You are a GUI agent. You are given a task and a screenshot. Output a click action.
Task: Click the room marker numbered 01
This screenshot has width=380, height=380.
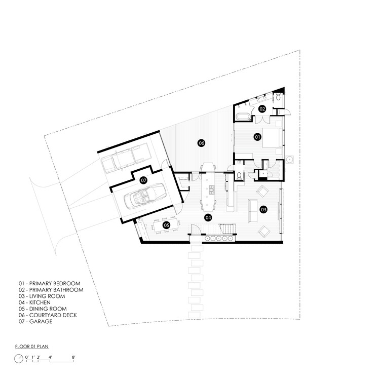point(257,137)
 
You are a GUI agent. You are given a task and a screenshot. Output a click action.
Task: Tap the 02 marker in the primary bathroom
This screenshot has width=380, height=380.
point(262,109)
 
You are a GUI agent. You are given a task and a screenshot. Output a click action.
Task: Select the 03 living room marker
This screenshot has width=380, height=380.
point(263,209)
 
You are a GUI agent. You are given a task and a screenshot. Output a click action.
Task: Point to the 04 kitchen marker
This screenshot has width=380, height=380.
point(208,217)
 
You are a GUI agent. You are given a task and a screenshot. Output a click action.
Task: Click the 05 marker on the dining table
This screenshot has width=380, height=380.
point(167,225)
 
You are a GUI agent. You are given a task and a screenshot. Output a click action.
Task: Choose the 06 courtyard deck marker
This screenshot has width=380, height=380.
point(201,143)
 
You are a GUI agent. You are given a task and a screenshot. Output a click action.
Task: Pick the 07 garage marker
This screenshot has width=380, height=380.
point(144,180)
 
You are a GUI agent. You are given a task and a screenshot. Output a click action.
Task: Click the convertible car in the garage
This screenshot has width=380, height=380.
point(144,196)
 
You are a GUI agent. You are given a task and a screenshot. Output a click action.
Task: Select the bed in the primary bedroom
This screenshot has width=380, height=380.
point(272,138)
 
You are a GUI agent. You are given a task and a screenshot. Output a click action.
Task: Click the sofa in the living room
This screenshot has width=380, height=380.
point(253,211)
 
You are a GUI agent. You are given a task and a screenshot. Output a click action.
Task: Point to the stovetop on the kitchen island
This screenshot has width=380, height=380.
point(212,190)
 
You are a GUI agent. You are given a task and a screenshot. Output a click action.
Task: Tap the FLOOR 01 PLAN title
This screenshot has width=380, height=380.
point(32,347)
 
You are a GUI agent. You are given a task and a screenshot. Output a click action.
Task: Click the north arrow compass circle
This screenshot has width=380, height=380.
point(19,359)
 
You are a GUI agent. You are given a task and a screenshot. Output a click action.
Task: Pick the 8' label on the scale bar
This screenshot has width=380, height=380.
point(73,357)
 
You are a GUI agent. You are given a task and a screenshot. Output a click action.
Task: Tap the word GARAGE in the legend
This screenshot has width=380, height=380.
point(41,322)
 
